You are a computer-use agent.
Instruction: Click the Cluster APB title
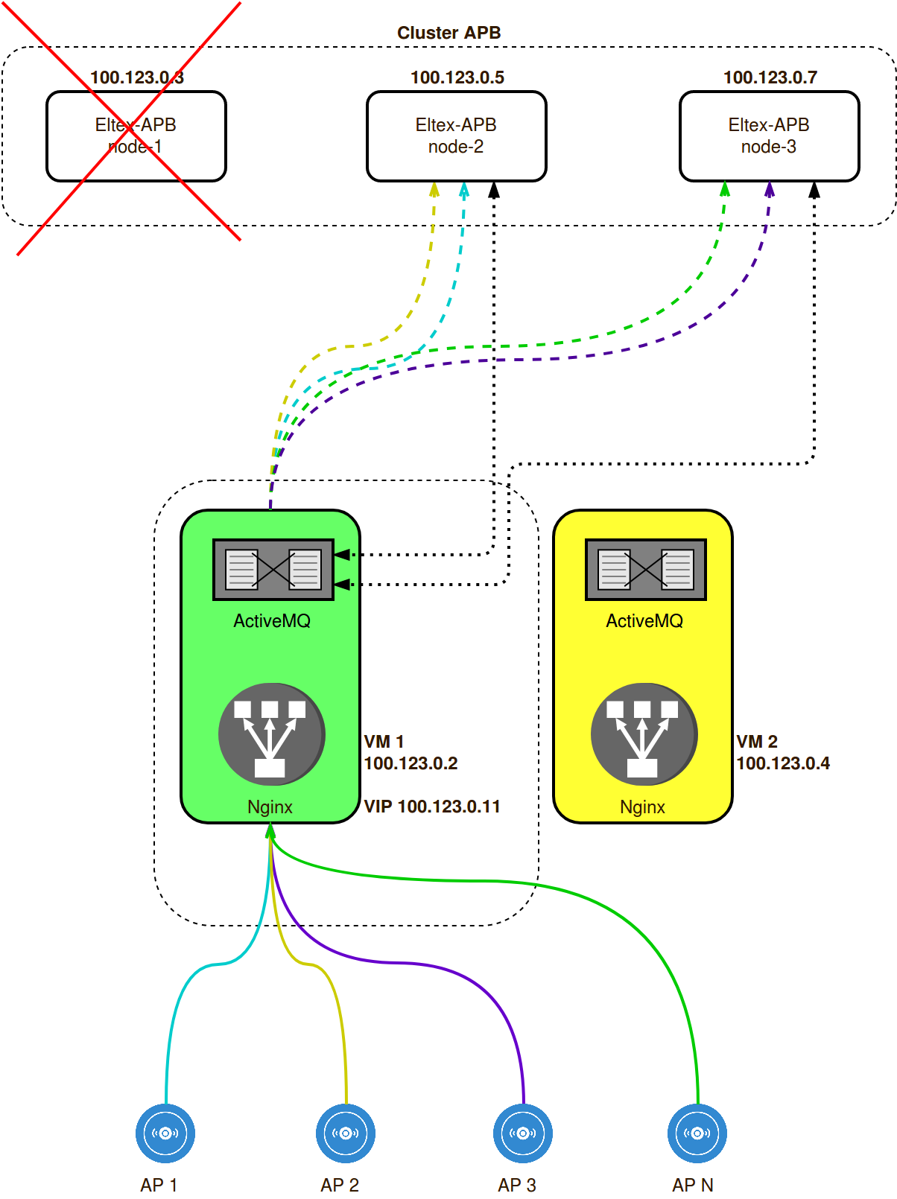point(448,33)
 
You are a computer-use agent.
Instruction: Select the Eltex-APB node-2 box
point(456,136)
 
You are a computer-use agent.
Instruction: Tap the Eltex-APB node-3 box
point(769,136)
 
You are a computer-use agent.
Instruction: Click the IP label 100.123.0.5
point(457,77)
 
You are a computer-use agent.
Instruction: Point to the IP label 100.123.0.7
point(770,77)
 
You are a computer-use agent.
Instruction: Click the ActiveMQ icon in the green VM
point(273,570)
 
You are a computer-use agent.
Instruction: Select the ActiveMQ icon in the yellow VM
point(646,570)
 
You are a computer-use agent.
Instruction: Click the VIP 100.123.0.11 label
point(432,807)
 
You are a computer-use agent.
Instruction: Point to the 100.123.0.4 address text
point(783,763)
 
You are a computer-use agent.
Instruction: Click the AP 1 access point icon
point(165,1133)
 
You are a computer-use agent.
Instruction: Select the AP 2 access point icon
point(346,1133)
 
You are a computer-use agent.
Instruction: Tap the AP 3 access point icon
point(523,1133)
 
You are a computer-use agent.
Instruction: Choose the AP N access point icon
point(697,1133)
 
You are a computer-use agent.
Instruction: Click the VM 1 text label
point(384,742)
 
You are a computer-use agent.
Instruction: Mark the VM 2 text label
point(757,742)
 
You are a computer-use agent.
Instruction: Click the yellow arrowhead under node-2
point(434,190)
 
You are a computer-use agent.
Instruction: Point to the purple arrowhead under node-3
point(770,190)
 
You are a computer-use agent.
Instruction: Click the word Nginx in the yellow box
point(642,807)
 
